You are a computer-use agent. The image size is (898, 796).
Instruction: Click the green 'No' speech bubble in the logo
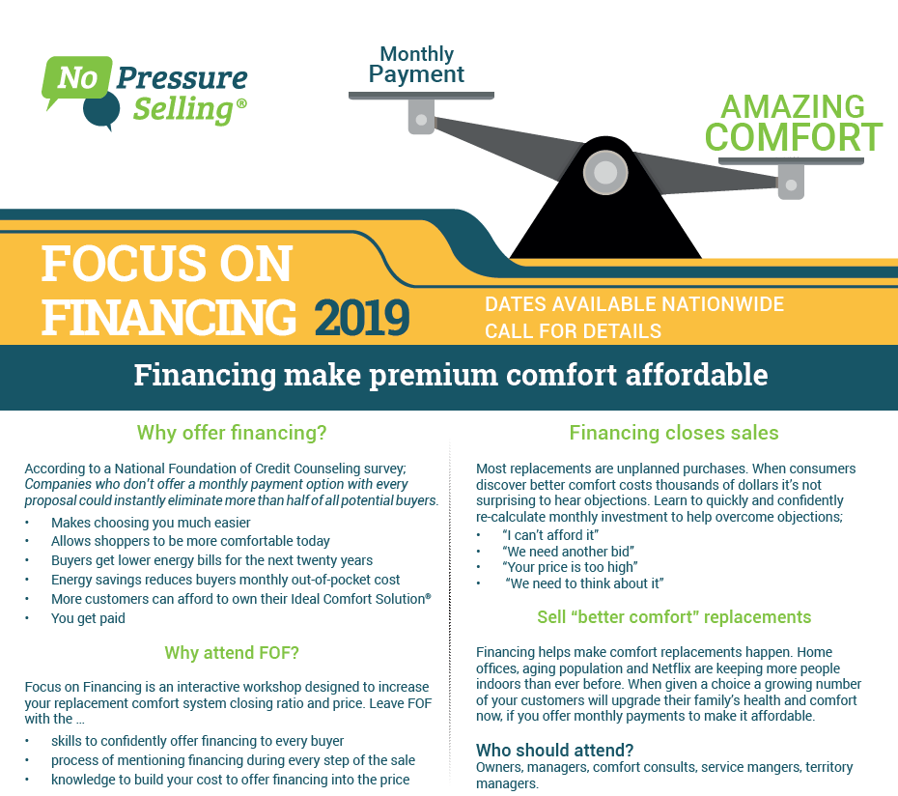pos(76,78)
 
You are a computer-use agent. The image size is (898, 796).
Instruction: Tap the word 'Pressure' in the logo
pos(182,78)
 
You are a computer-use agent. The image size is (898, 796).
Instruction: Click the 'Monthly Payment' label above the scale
pos(416,64)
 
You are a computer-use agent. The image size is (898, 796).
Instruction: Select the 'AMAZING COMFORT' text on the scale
pos(793,122)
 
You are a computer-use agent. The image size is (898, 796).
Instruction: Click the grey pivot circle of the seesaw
pos(605,172)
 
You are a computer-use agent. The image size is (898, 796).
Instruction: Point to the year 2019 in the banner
pos(362,318)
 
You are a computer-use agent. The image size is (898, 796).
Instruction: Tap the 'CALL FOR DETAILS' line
pos(573,331)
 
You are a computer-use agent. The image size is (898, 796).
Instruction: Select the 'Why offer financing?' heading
pos(232,433)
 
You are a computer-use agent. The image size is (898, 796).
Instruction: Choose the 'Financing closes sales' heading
pos(674,433)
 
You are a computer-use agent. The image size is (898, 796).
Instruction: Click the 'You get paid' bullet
pos(88,618)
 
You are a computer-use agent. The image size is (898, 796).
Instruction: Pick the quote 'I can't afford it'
pos(550,535)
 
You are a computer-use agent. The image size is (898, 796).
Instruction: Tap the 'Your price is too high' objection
pos(570,567)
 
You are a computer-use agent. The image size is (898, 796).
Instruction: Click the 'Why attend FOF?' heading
pos(232,653)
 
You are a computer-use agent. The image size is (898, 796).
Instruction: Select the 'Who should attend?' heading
pos(554,751)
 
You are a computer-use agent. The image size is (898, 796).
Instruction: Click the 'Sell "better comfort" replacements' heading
pos(674,617)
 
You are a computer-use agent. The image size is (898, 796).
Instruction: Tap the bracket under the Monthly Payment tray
pos(421,116)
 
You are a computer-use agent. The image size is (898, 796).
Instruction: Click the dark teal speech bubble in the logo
pos(102,110)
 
